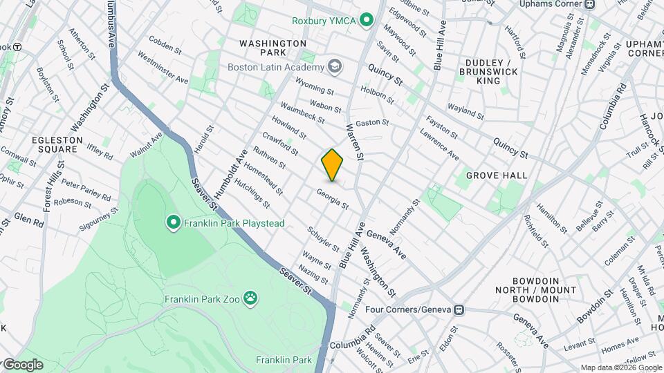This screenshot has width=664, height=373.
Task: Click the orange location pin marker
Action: pyautogui.click(x=333, y=165)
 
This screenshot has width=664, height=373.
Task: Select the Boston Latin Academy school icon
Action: pyautogui.click(x=335, y=67)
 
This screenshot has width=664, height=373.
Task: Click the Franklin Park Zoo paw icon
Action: pyautogui.click(x=251, y=299)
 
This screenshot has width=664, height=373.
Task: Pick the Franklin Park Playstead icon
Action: pyautogui.click(x=173, y=222)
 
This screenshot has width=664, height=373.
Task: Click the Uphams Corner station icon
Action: pyautogui.click(x=589, y=4)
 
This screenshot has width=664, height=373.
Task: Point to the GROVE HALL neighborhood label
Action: pyautogui.click(x=496, y=176)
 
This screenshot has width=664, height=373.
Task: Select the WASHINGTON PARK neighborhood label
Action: pyautogui.click(x=273, y=48)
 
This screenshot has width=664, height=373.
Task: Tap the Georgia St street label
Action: pyautogui.click(x=332, y=200)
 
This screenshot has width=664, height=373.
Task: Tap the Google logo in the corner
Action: pyautogui.click(x=23, y=365)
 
